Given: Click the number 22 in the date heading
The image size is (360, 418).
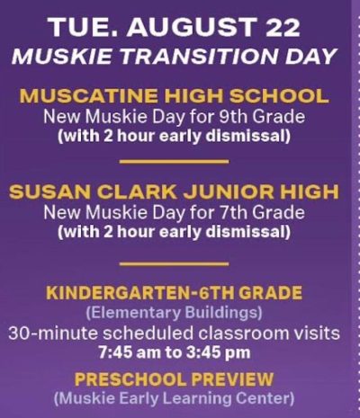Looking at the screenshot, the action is coord(282,27).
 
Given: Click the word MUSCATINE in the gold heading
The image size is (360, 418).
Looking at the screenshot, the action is coord(90,96).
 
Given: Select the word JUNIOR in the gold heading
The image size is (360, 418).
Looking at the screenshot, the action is coord(229,192).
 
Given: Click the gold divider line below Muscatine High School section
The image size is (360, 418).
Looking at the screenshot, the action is coord(174,162).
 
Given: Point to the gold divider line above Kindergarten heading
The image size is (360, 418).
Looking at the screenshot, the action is coord(174,264).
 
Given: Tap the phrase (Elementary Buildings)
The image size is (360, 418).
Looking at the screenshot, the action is coord(174,313).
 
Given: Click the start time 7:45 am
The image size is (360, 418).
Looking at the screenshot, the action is coord(130,352).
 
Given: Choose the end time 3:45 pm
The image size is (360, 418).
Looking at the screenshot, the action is coord(218,352).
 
